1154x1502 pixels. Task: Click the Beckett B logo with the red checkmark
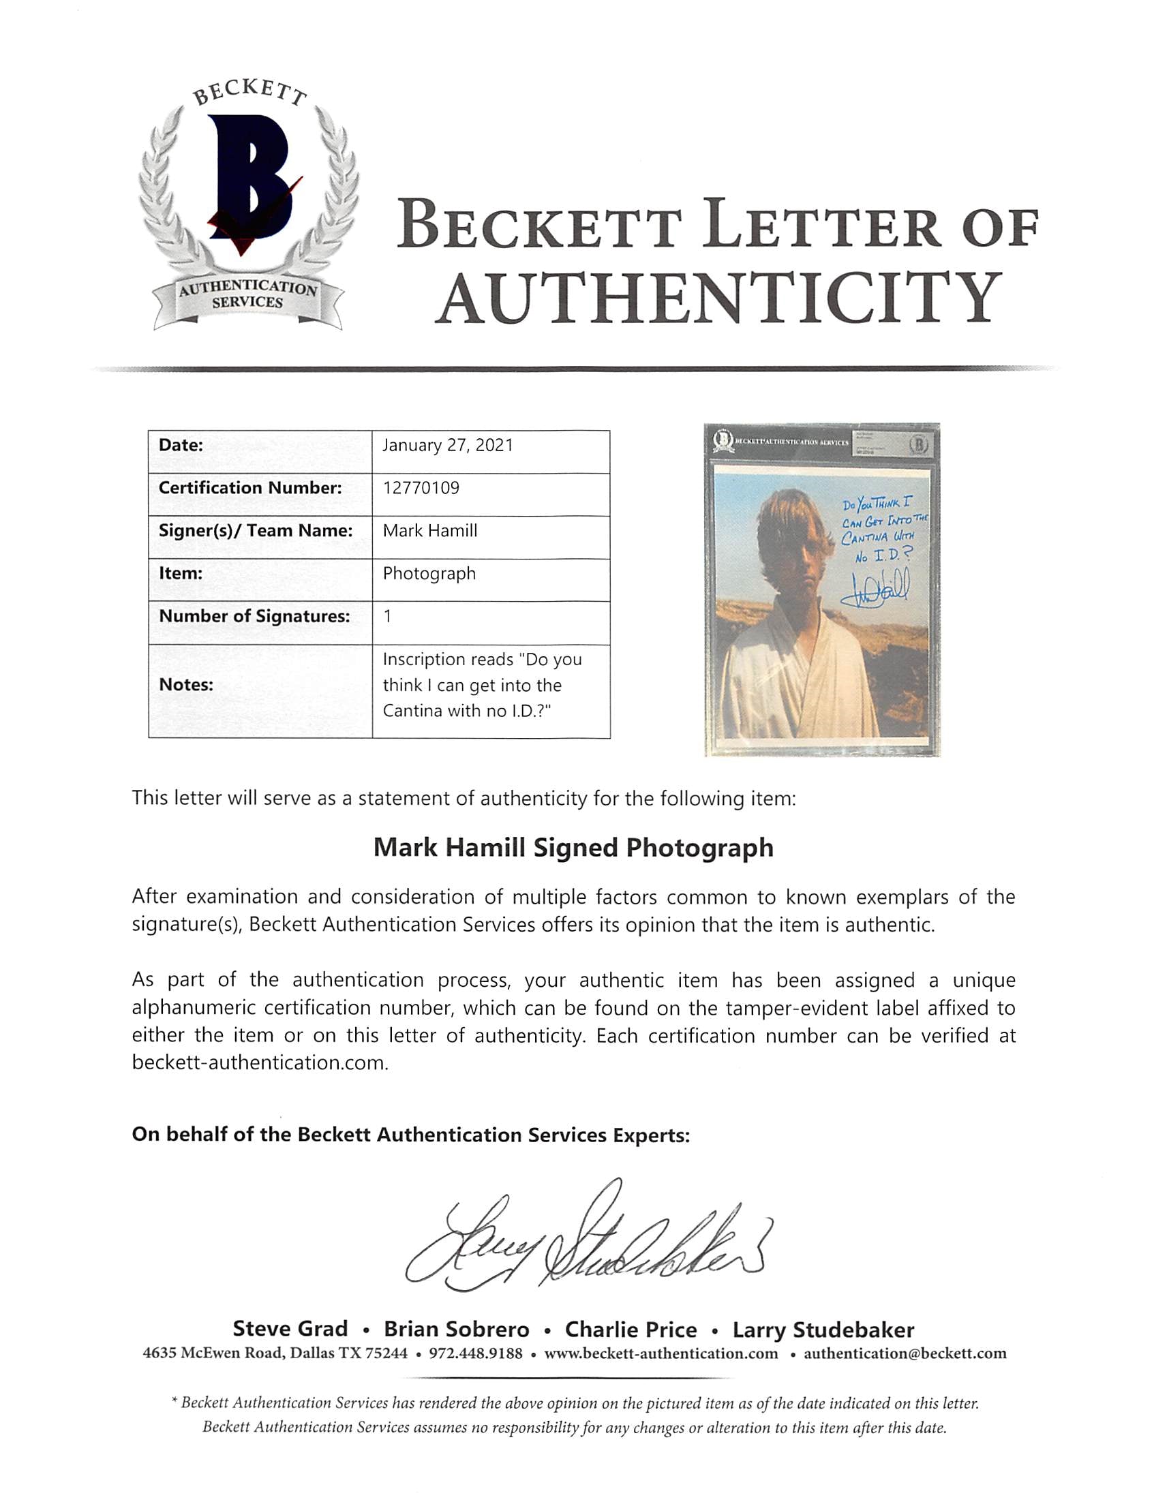254,181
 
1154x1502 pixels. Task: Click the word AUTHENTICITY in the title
718,298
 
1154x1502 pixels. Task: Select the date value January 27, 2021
448,446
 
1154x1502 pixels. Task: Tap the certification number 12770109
421,489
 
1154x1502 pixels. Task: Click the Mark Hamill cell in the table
430,531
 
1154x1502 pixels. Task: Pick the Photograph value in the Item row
429,573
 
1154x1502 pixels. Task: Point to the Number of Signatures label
254,616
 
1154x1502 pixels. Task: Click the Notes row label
186,685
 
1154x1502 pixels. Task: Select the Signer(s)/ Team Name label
256,531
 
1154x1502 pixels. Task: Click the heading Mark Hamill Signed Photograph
573,848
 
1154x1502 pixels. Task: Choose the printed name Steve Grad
290,1329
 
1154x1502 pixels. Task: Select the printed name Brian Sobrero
457,1329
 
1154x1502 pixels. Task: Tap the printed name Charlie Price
631,1329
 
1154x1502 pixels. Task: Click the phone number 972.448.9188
475,1353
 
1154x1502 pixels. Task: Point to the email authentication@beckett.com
905,1353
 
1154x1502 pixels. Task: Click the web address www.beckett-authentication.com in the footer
661,1353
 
